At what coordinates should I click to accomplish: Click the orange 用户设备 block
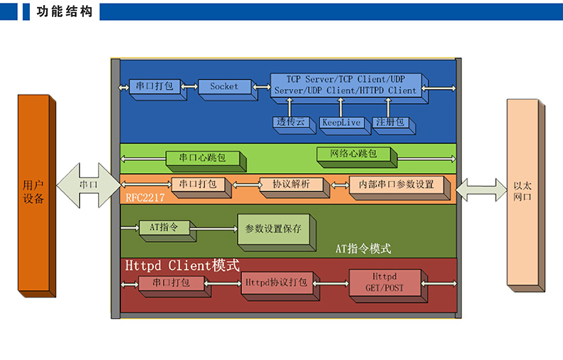33,192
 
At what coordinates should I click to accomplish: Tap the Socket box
224,87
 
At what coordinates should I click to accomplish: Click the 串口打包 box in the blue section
154,87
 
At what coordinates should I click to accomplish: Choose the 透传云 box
290,122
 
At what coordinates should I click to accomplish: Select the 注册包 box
390,122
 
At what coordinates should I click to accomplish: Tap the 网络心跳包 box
353,154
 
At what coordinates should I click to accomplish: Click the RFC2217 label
145,199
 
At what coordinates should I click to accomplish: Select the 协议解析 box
290,184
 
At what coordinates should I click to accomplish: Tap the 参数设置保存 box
273,229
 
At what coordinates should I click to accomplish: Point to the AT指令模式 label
363,249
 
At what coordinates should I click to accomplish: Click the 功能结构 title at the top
64,11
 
